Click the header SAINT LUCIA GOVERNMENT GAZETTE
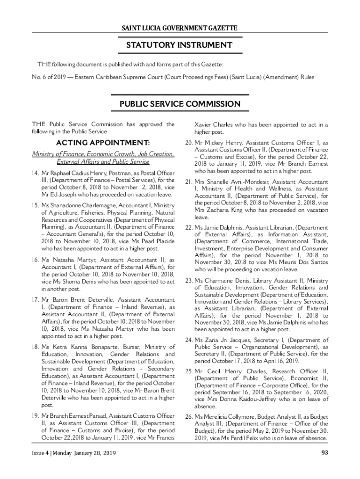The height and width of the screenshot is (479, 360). tap(180, 29)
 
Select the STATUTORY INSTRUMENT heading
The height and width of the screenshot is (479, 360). tap(180, 45)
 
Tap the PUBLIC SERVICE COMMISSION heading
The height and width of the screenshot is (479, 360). tap(180, 104)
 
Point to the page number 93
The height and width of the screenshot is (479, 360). tap(324, 453)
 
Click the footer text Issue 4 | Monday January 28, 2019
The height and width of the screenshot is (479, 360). tap(74, 453)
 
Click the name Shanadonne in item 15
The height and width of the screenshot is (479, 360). tap(70, 205)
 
